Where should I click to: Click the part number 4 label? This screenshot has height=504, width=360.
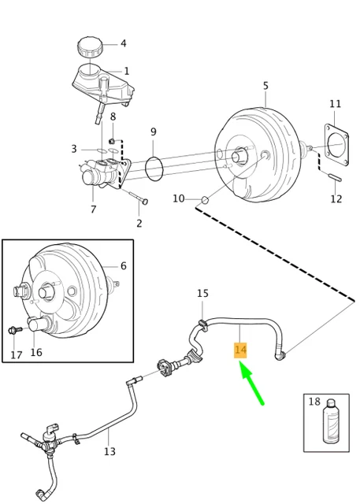(123, 44)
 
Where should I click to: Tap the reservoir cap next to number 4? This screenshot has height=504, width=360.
(90, 46)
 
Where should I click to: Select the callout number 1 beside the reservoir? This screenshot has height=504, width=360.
(126, 72)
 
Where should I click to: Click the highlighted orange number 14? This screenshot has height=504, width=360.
(241, 350)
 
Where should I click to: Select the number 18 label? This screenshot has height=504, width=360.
(314, 402)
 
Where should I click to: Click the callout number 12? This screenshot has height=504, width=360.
(336, 199)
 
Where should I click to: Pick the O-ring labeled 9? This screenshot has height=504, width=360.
(154, 166)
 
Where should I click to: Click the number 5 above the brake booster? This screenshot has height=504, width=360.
(265, 86)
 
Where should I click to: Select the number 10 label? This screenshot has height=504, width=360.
(179, 198)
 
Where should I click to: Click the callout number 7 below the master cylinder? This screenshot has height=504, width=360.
(93, 209)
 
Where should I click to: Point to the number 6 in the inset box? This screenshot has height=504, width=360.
(123, 266)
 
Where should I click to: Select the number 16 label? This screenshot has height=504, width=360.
(36, 353)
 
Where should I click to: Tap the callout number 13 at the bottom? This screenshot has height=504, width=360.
(109, 451)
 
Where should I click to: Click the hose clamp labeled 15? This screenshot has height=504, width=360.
(202, 321)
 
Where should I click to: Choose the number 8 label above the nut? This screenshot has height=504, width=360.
(113, 117)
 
